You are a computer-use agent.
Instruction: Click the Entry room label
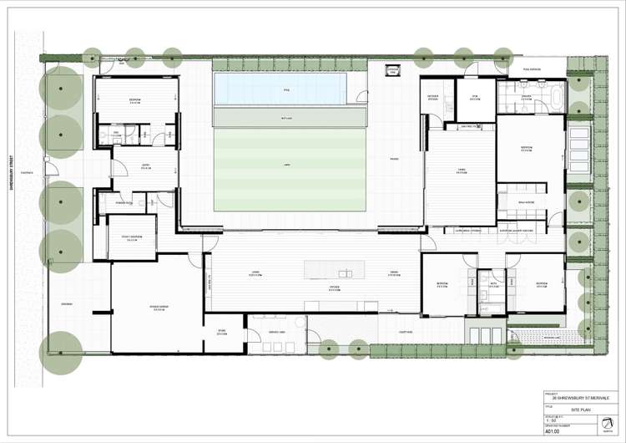[x=145, y=166]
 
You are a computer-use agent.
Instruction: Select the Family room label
[x=461, y=171]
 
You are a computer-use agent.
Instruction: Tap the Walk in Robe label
[x=526, y=202]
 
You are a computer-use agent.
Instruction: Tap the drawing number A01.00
[x=553, y=432]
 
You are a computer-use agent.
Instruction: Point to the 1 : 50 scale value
[x=552, y=420]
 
